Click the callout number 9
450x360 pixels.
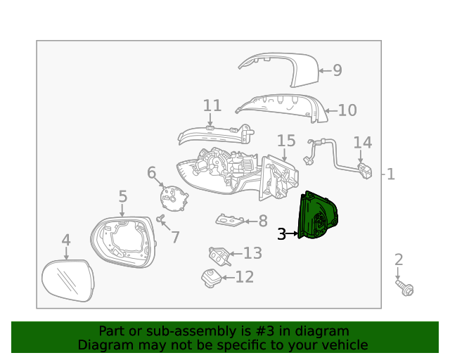pos(337,70)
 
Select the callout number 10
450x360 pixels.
pos(347,110)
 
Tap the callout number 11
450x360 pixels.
pos(212,105)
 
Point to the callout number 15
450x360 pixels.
pos(286,141)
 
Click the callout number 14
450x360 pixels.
pos(362,143)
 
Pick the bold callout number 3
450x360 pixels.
pos(281,234)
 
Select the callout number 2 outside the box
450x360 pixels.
pos(399,259)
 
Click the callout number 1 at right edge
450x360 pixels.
pos(391,174)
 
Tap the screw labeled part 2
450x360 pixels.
pos(405,288)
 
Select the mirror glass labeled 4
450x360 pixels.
pos(69,279)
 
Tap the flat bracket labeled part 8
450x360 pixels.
pos(230,221)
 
